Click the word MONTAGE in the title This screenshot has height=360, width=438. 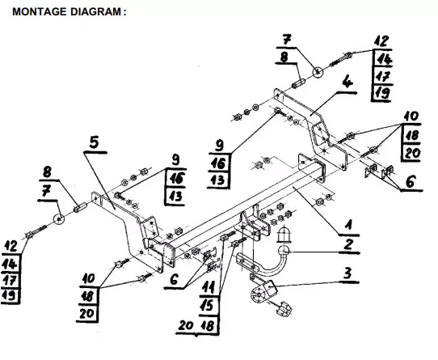pyautogui.click(x=40, y=12)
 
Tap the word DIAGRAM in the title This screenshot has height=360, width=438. pyautogui.click(x=95, y=12)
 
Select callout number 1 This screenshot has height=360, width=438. pyautogui.click(x=348, y=226)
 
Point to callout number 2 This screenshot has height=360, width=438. pyautogui.click(x=348, y=245)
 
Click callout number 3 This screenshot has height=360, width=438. pyautogui.click(x=347, y=273)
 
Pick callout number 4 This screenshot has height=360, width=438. pyautogui.click(x=347, y=83)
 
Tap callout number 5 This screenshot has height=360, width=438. pyautogui.click(x=95, y=142)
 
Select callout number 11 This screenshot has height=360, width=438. pyautogui.click(x=208, y=287)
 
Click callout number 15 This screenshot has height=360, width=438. pyautogui.click(x=207, y=305)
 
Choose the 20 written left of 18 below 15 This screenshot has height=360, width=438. pyautogui.click(x=186, y=325)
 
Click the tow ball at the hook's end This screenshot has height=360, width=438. pyautogui.click(x=284, y=250)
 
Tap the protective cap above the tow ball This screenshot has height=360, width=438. pyautogui.click(x=284, y=234)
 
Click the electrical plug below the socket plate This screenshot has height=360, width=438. pyautogui.click(x=284, y=308)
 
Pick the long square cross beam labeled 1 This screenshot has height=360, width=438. pyautogui.click(x=246, y=204)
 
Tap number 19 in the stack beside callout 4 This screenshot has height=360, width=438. pyautogui.click(x=381, y=92)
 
